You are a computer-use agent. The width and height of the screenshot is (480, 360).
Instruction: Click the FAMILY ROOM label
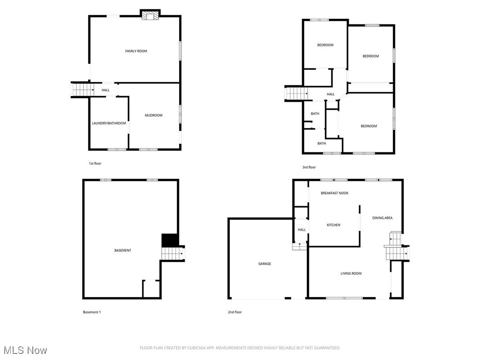(x=136, y=51)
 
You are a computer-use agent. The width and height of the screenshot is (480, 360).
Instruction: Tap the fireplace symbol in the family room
(x=150, y=16)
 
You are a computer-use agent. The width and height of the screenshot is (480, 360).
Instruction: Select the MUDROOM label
(x=153, y=115)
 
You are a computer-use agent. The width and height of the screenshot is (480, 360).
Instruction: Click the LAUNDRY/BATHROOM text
(x=109, y=123)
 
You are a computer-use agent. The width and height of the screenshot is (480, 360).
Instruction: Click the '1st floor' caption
(x=95, y=164)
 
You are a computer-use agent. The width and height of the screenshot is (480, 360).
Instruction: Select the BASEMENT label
(x=123, y=250)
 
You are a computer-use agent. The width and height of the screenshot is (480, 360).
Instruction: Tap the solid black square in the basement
(x=170, y=240)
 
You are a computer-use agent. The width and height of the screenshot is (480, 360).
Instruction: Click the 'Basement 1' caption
(x=92, y=312)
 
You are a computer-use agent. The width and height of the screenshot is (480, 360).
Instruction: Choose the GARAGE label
(x=264, y=264)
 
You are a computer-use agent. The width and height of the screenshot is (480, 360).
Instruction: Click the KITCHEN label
(x=333, y=225)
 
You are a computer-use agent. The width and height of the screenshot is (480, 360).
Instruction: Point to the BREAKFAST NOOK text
(x=335, y=193)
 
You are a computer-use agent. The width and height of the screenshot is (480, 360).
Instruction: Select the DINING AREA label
(x=382, y=218)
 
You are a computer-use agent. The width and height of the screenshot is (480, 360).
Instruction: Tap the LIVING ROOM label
(x=351, y=273)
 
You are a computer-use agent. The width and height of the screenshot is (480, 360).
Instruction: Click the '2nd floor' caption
(x=235, y=312)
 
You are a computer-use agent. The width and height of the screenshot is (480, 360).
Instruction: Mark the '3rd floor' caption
(x=309, y=167)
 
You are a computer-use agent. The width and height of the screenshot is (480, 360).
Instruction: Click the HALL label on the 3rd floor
(x=330, y=94)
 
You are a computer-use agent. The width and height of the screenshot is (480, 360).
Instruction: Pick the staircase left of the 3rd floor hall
(x=296, y=94)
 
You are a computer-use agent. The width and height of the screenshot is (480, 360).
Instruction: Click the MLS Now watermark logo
(x=25, y=350)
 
